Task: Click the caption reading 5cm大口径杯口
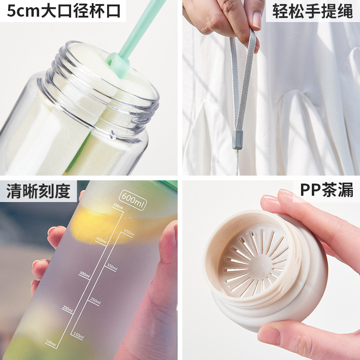coord(63,11)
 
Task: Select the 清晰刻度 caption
coord(38,191)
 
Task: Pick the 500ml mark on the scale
coord(118,207)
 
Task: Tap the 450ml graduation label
coord(129,232)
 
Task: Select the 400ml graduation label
coord(101,241)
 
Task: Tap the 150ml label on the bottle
coord(77,335)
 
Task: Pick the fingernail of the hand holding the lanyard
coord(257,20)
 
